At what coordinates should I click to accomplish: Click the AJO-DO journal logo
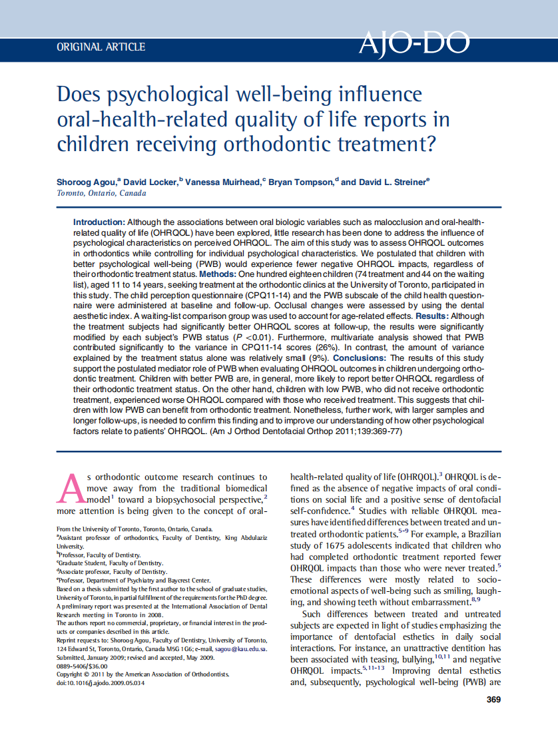pos(414,44)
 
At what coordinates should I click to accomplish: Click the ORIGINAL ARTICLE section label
pos(101,47)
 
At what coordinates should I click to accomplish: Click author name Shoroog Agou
pos(88,182)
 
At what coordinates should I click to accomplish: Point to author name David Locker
pos(154,182)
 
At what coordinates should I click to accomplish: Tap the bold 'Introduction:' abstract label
pos(99,222)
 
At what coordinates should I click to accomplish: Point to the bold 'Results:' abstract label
pos(433,316)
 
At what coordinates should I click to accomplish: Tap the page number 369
pos(493,699)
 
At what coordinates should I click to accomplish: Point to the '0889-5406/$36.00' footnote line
pos(82,666)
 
